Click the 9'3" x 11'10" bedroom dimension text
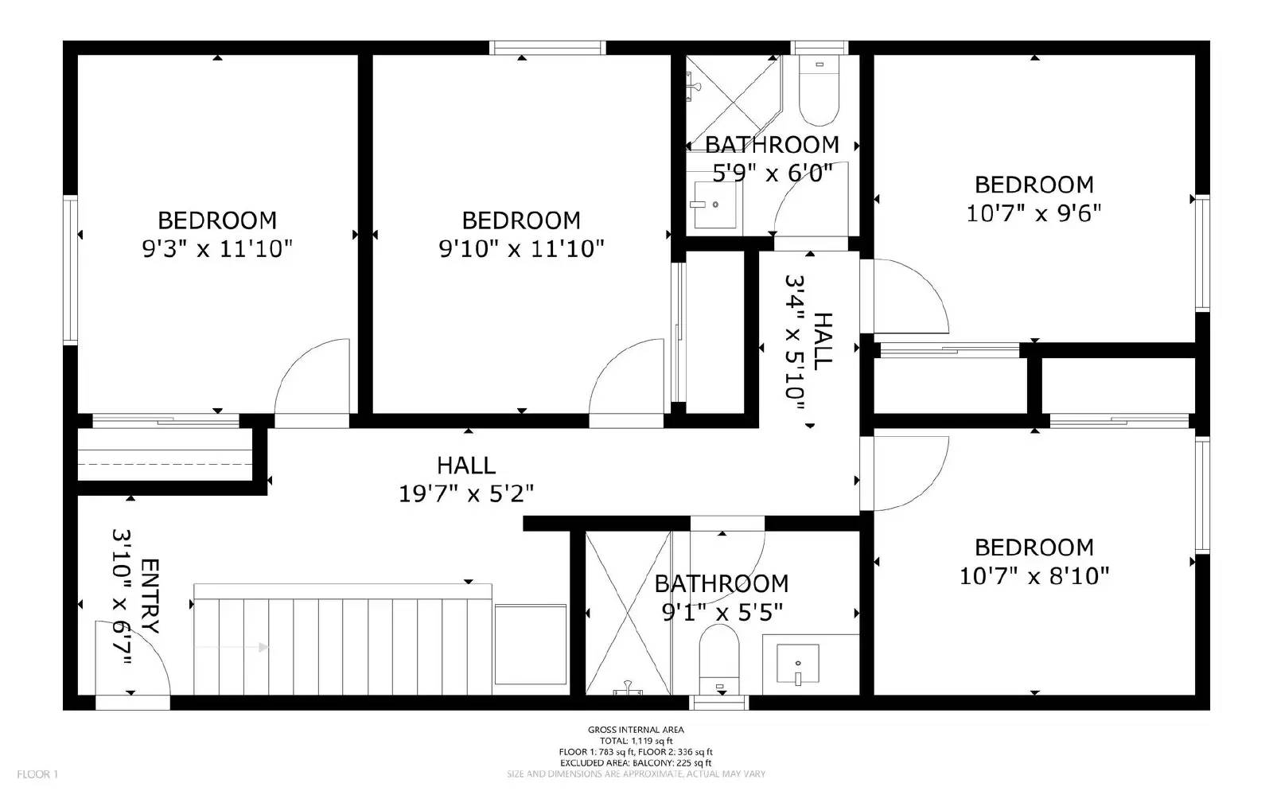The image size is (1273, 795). [217, 249]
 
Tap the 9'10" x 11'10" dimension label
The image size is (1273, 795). [521, 249]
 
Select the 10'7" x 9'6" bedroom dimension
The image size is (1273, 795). [1034, 213]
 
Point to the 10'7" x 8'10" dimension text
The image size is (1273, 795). [1034, 575]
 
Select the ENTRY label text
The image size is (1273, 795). [150, 597]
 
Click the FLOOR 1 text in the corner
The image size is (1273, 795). [37, 774]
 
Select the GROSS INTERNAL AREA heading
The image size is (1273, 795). [635, 730]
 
